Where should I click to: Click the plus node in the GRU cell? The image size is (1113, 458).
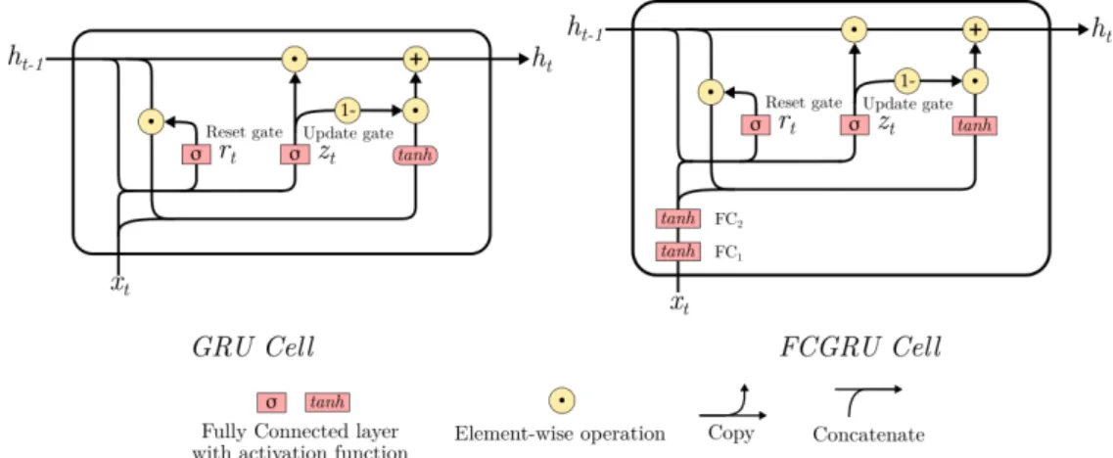[416, 59]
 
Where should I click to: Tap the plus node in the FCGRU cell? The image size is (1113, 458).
[976, 29]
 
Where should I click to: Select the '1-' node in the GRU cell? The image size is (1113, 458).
[348, 110]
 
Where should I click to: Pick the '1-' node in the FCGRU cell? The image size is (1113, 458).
[906, 81]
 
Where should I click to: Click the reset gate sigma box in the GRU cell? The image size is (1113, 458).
[196, 155]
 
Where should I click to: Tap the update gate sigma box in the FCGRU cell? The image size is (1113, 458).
[855, 125]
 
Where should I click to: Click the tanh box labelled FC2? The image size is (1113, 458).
[678, 219]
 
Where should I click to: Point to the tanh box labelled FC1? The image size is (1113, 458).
[678, 252]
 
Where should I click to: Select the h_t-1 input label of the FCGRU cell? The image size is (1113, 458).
[584, 28]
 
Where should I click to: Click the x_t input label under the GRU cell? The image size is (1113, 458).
[120, 286]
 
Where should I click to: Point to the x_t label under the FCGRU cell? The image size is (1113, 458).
[680, 304]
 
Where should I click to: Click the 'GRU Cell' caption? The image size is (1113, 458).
[253, 348]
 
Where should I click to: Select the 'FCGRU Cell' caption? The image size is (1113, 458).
[860, 348]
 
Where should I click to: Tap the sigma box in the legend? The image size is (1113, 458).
[271, 402]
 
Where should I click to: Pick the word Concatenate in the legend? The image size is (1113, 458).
[869, 434]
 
